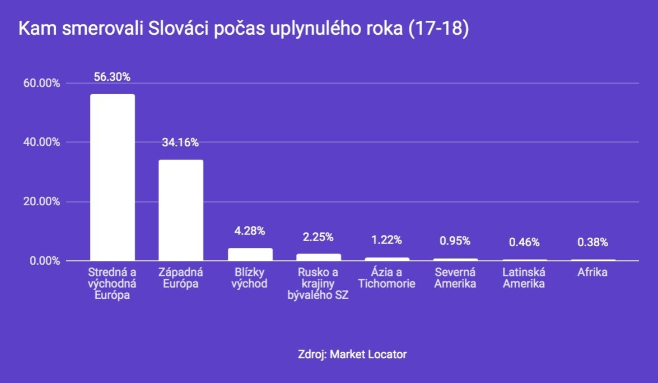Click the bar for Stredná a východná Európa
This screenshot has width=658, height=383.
point(113,177)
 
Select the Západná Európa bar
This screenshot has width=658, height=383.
point(181,210)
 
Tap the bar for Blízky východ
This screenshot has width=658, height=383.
point(250,255)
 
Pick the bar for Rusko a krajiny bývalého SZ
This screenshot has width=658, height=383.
point(319,257)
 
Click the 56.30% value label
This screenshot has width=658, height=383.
point(112,77)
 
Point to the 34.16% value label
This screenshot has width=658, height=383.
point(180,142)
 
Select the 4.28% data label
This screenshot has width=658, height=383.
point(250,230)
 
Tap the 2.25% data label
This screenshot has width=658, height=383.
point(318,237)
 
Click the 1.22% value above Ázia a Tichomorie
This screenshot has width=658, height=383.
point(386,240)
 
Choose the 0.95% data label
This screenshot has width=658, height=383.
point(455,241)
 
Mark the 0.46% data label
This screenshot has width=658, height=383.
point(524,242)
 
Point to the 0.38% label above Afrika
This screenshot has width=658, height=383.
point(593,242)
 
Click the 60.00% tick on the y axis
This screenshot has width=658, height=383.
point(41,83)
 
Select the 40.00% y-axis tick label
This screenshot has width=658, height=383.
point(41,142)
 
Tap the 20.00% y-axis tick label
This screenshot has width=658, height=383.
point(41,202)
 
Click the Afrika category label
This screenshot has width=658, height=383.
point(592,273)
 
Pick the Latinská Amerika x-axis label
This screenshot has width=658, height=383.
point(524,278)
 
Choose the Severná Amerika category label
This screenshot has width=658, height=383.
point(455,278)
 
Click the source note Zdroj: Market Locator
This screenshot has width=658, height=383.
point(352,354)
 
